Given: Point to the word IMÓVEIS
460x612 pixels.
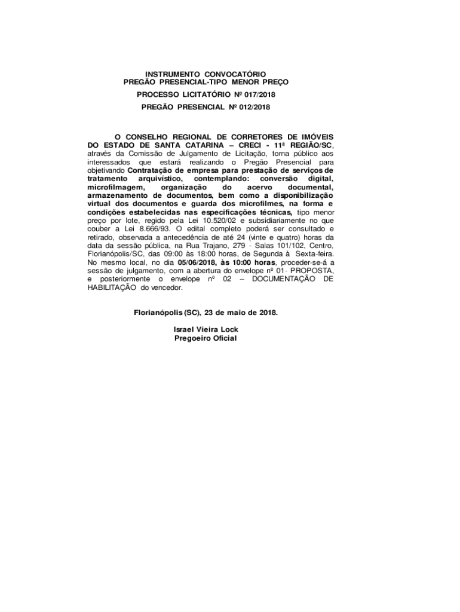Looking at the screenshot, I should [315, 137].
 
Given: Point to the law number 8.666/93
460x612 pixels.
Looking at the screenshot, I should [154, 229].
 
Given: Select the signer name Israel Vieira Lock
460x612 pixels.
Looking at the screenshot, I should [206, 329].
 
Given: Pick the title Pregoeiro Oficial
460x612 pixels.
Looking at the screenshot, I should [206, 338].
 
